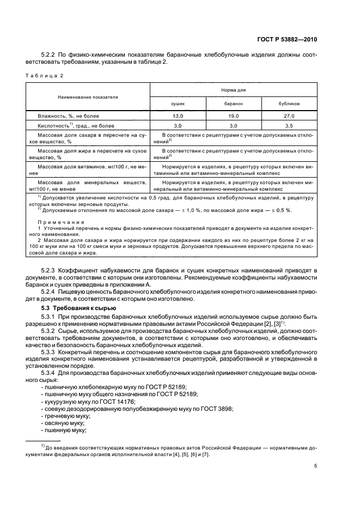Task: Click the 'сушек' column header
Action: click(x=178, y=103)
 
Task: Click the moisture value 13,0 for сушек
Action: click(x=178, y=116)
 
